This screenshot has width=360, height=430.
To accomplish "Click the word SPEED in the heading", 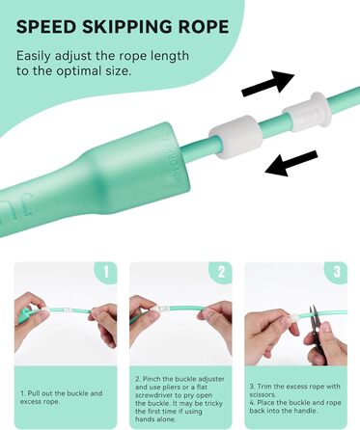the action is pyautogui.click(x=45, y=26).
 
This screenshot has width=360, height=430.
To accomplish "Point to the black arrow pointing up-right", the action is pyautogui.click(x=268, y=83).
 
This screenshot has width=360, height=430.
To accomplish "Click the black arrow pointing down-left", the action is pyautogui.click(x=291, y=164).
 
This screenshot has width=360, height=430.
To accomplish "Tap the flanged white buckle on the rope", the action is pyautogui.click(x=307, y=113).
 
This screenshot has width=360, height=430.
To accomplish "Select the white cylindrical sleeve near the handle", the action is pyautogui.click(x=234, y=137).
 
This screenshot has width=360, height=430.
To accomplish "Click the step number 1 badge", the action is pyautogui.click(x=106, y=272).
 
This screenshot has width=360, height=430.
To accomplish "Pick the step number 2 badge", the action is pyautogui.click(x=221, y=272).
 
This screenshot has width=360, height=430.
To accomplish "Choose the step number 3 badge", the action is pyautogui.click(x=336, y=272).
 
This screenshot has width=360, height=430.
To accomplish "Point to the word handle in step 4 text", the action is pyautogui.click(x=306, y=411).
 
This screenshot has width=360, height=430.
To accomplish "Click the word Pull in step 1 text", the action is pyautogui.click(x=34, y=393).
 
